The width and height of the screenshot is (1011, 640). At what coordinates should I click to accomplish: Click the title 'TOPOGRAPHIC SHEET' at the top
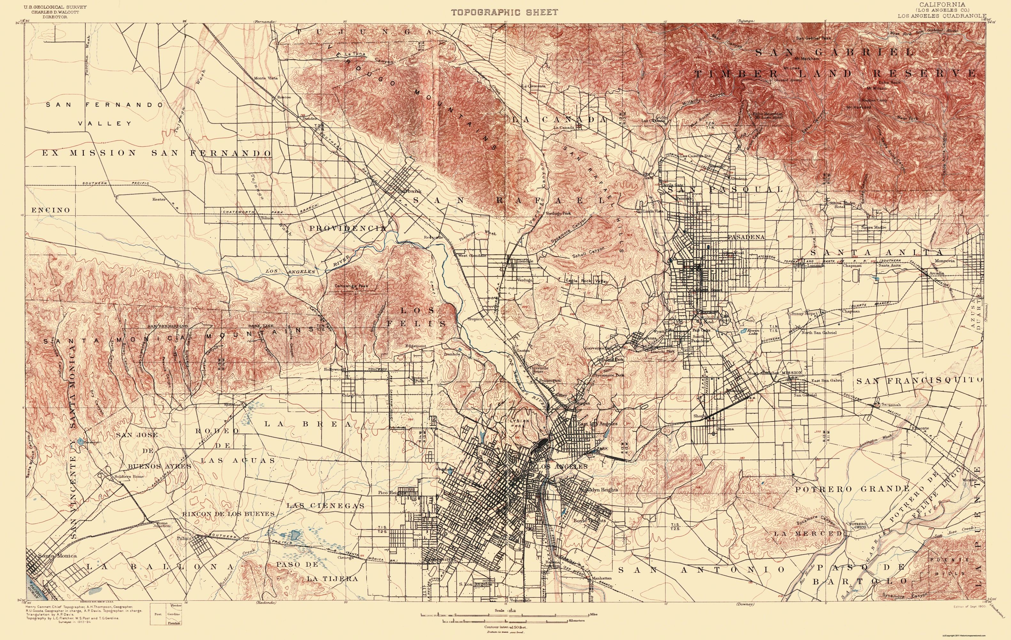click(x=505, y=12)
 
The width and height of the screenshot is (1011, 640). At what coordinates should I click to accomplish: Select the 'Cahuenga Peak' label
click(x=351, y=286)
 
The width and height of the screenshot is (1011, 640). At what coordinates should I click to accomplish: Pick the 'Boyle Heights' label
click(x=589, y=520)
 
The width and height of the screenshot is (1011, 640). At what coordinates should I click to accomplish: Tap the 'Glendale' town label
click(x=525, y=261)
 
